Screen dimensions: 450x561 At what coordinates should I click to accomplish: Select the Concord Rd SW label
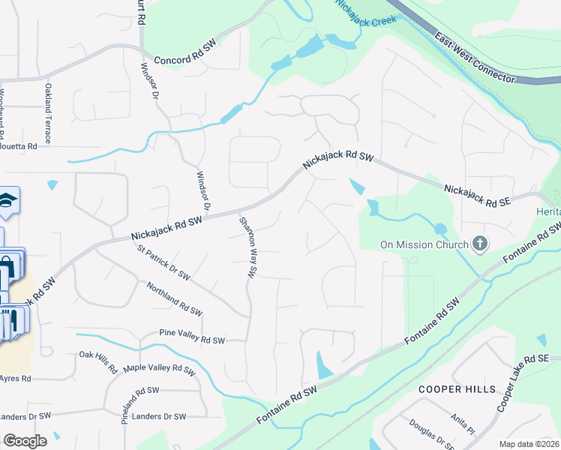184,61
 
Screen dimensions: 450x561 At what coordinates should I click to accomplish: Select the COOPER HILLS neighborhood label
457,389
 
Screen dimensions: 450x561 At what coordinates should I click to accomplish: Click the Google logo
25,440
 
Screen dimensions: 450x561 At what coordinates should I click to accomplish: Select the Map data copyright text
529,444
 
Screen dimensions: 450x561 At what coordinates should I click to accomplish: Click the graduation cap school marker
7,199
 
